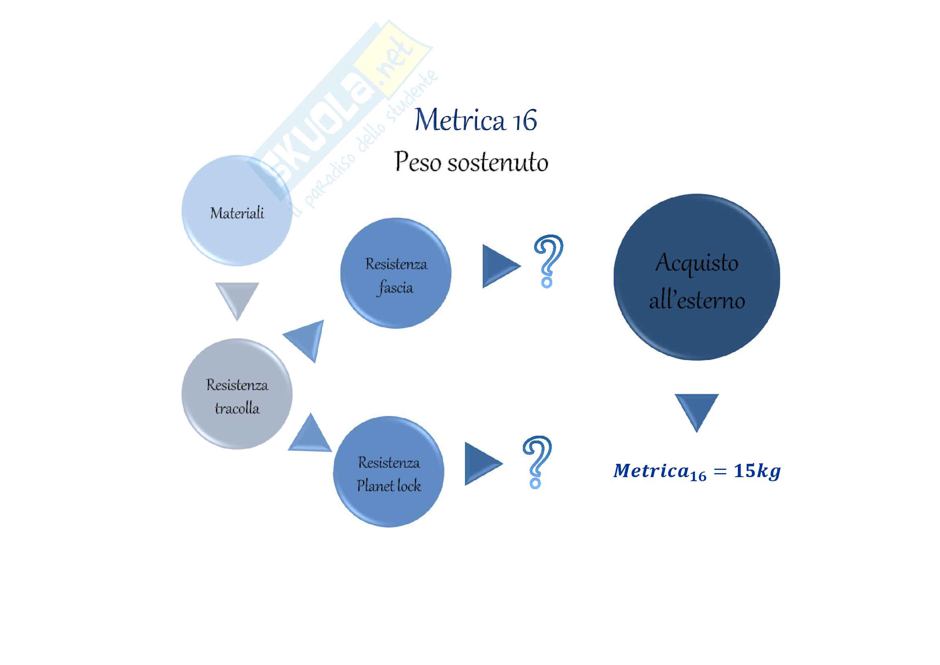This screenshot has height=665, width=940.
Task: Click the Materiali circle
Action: pos(237,211)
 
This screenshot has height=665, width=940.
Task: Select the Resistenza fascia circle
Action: pos(395,273)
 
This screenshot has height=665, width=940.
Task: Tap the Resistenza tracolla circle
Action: pos(237,394)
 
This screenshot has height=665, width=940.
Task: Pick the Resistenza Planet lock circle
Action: pos(389,471)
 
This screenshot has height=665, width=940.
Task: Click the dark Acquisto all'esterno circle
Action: pos(696,278)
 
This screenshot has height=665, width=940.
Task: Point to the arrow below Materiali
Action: pos(237,298)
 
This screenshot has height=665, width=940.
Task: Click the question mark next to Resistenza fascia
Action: pos(548,261)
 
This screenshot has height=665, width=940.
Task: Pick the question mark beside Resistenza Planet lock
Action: pos(537,461)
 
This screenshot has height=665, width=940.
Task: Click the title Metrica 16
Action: pos(475,120)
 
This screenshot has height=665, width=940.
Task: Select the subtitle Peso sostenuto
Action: pos(471,161)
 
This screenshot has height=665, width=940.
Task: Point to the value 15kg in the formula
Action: pos(757,471)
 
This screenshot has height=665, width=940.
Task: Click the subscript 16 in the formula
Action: pos(698,476)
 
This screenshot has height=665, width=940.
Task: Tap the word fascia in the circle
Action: pos(395,287)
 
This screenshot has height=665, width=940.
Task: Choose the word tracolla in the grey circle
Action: pos(237,408)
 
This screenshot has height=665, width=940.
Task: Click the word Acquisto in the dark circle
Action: pos(696,262)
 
